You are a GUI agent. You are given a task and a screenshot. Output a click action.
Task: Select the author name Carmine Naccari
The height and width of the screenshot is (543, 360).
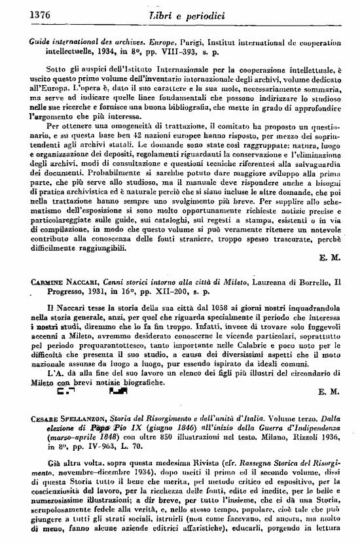point(56,282)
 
